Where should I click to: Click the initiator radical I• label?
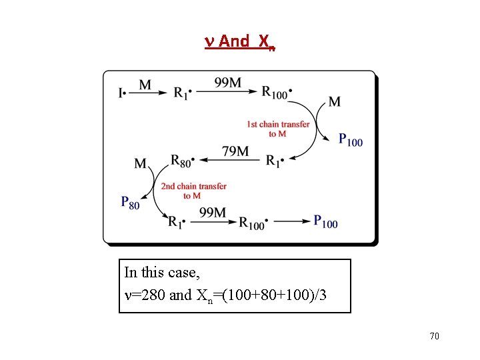122,93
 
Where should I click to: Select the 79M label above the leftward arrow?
235,152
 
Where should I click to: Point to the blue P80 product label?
131,202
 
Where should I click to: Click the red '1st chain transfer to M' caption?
278,129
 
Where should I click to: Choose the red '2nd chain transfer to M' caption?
193,191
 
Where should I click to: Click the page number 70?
434,336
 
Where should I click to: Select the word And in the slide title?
234,41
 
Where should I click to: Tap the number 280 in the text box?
153,295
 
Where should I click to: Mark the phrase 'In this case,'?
162,273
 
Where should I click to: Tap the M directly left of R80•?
141,163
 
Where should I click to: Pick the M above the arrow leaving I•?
145,85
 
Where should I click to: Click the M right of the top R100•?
335,101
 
